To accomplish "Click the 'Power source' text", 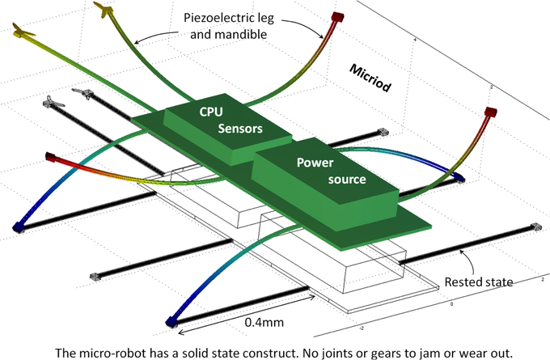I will pyautogui.click(x=320, y=170).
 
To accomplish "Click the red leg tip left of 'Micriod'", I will pyautogui.click(x=337, y=15).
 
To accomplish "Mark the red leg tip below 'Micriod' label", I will pyautogui.click(x=490, y=112).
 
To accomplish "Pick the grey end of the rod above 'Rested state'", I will pyautogui.click(x=533, y=228).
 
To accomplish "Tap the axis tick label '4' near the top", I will pyautogui.click(x=415, y=40).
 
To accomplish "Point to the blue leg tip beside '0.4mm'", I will pyautogui.click(x=171, y=321).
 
